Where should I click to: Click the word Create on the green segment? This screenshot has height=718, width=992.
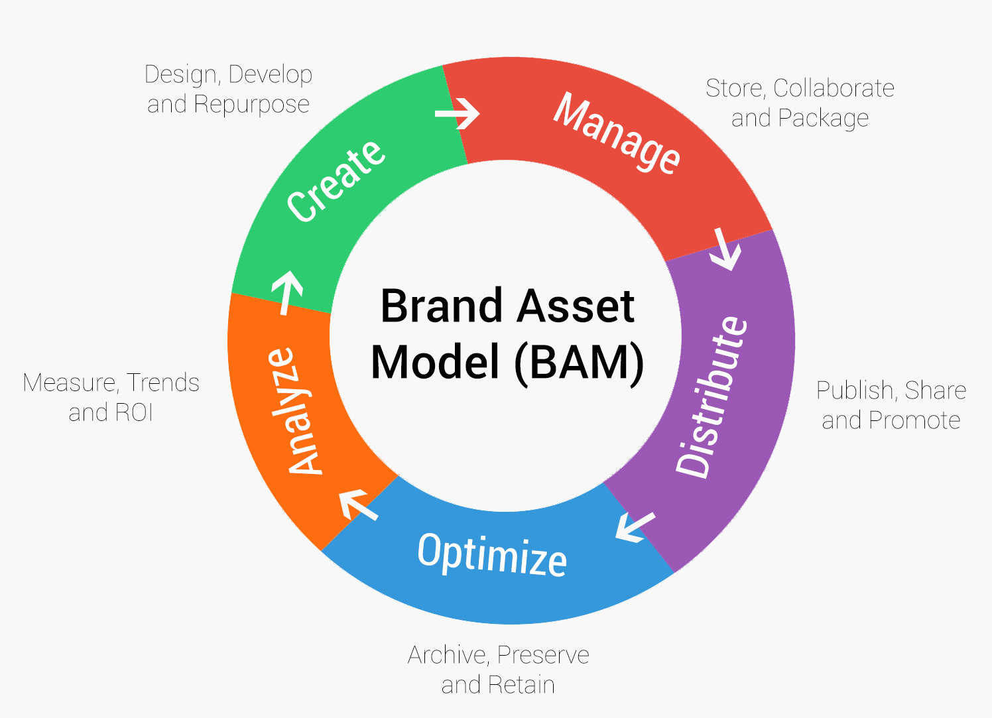(336, 180)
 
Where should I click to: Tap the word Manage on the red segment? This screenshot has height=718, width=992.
(617, 133)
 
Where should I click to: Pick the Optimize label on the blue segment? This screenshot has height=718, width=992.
(492, 554)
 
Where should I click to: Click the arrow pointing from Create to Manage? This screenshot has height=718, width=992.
(458, 114)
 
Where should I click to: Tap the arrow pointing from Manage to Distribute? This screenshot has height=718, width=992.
(725, 249)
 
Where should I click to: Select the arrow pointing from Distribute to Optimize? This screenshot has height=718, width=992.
(635, 527)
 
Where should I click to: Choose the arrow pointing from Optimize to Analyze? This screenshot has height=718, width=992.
(357, 505)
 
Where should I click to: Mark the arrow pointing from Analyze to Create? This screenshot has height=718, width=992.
(287, 291)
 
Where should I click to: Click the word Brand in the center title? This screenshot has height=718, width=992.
(441, 306)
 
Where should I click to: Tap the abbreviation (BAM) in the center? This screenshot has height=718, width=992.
(578, 363)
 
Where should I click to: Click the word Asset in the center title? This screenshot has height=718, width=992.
(576, 306)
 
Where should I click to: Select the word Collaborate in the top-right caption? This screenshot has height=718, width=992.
(834, 88)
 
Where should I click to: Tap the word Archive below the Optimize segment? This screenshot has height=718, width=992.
(447, 655)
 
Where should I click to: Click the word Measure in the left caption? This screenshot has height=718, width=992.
(70, 383)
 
